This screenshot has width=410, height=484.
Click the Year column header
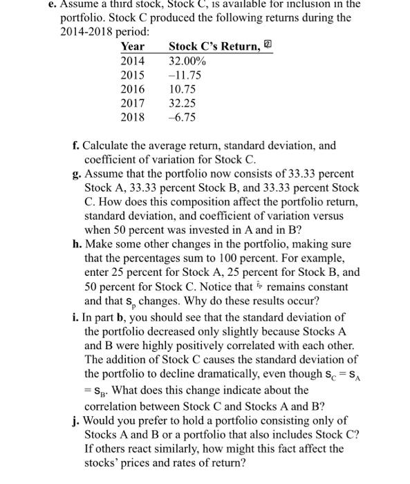click(132, 46)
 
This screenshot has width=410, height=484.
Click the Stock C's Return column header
click(215, 46)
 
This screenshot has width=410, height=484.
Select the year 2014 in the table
click(133, 61)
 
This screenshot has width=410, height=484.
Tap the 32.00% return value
click(187, 61)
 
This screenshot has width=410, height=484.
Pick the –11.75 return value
click(185, 75)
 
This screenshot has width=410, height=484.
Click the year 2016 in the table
click(133, 89)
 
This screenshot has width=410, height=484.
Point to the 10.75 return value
click(183, 89)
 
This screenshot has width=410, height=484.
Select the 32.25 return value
click(183, 103)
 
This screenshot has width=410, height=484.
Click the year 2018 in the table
click(133, 117)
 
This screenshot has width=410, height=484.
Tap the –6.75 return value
click(183, 117)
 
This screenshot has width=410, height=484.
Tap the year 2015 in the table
click(133, 75)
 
